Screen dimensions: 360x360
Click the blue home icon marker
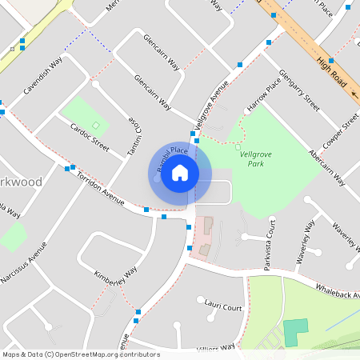coord(180,172)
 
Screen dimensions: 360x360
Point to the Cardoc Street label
coord(90,136)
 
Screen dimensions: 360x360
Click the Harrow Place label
coord(264,94)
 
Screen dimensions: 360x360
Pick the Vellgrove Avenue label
coord(210,104)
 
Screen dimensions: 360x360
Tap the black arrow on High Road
coord(354,94)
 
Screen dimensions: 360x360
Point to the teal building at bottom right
coord(295,332)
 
